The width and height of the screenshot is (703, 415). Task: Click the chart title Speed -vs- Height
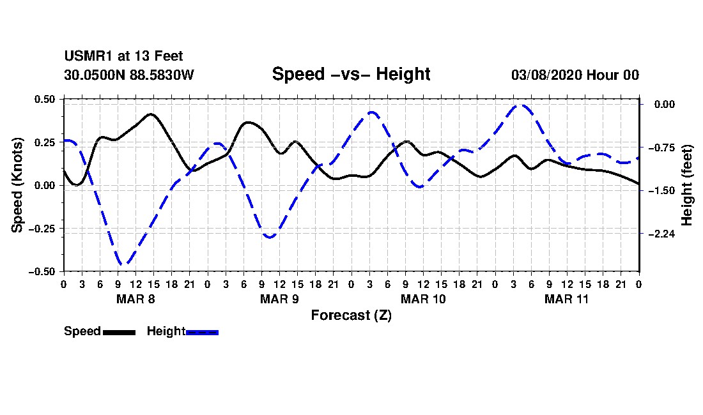pyautogui.click(x=351, y=74)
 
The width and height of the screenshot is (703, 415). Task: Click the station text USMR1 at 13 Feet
pyautogui.click(x=123, y=57)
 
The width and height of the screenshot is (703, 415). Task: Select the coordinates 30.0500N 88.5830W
pyautogui.click(x=128, y=75)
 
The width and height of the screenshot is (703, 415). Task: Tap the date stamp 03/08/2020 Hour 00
pyautogui.click(x=575, y=75)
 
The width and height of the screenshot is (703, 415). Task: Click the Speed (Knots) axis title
pyautogui.click(x=19, y=185)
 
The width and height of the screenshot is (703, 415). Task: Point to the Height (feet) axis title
pyautogui.click(x=687, y=185)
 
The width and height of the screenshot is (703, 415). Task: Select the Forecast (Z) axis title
pyautogui.click(x=351, y=315)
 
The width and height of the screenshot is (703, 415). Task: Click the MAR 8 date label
pyautogui.click(x=135, y=299)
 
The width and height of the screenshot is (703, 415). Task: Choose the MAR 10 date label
pyautogui.click(x=422, y=299)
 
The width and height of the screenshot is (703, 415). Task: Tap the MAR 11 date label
pyautogui.click(x=566, y=299)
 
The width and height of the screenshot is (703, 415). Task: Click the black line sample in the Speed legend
pyautogui.click(x=119, y=332)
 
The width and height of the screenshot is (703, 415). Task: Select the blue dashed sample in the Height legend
pyautogui.click(x=203, y=332)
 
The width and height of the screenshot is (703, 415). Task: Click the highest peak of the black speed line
pyautogui.click(x=151, y=114)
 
